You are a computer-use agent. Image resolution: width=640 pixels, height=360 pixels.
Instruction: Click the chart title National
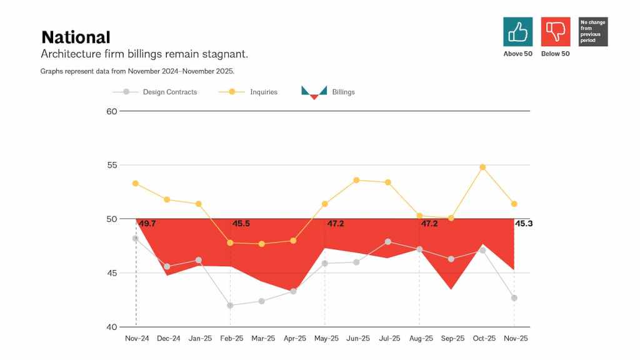point(76,37)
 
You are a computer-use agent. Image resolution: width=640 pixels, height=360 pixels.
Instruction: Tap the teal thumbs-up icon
point(518,31)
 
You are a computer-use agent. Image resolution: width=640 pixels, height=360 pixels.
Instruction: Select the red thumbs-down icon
point(556,31)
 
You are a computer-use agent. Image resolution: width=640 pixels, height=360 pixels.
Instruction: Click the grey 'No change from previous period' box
point(593,31)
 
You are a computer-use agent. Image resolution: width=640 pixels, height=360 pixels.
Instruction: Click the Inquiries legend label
point(263,92)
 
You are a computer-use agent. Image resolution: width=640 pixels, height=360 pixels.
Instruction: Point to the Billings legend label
point(343,92)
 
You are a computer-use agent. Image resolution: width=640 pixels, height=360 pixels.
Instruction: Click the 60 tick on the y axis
point(112,111)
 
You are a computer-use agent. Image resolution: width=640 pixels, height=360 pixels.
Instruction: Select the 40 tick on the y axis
point(112,327)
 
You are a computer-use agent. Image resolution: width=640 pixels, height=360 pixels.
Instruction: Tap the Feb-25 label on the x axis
point(231,339)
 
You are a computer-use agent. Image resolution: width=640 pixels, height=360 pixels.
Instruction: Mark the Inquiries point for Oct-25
point(482,167)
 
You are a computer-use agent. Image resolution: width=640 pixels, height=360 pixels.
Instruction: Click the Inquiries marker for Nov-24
point(136,184)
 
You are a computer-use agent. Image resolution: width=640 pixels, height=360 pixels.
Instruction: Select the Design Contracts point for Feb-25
point(231,306)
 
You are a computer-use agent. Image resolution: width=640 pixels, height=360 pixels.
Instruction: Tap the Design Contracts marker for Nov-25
point(514,298)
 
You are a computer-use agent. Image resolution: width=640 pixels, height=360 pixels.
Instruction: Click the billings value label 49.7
point(147,224)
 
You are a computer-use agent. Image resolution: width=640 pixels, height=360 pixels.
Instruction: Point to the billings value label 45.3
point(524,224)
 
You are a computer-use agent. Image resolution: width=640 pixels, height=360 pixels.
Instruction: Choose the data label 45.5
point(241,224)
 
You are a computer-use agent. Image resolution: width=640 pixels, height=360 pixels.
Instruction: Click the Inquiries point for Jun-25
point(356,180)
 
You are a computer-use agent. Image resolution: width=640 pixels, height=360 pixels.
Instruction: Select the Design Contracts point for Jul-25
point(388,242)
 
